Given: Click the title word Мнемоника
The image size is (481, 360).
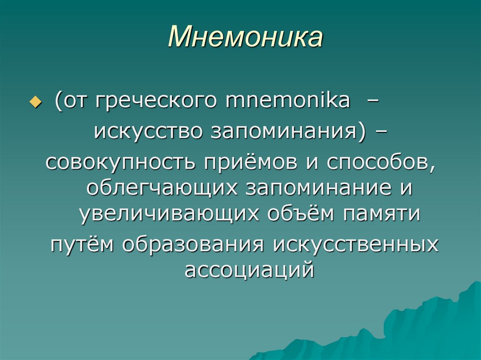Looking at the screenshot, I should pos(246,37).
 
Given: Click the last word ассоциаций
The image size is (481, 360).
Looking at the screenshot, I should pos(248,270).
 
